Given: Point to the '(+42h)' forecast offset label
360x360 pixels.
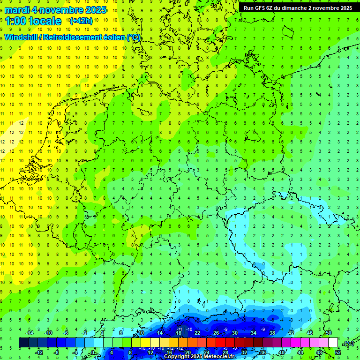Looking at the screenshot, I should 81,21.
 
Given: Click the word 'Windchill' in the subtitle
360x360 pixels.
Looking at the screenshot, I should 21,37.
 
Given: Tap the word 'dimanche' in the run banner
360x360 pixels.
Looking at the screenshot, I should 293,8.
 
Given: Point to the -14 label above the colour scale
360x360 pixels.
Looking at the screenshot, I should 30,333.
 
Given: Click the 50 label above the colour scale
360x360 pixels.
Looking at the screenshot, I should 329,333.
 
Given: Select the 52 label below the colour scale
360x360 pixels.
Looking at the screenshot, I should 338,352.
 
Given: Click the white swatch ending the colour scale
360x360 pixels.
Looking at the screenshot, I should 333,343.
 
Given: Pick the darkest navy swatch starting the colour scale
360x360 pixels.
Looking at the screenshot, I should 23,343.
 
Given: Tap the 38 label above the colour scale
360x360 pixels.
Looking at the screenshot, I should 272,333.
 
